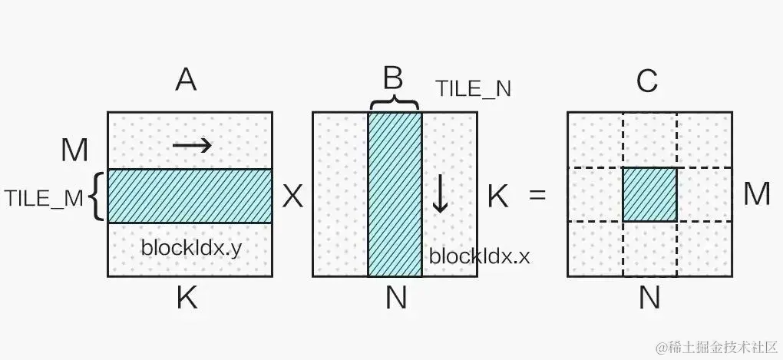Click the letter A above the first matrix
pos(186,79)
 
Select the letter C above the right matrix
pos(648,80)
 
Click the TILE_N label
pos(473,89)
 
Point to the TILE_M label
pos(43,198)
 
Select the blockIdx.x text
pos(479,256)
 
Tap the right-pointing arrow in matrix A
pos(192,145)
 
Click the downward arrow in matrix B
pos(440,194)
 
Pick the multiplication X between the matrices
pos(292,197)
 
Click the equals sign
pos(537,197)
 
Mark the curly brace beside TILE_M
pos(96,197)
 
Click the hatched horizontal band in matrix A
pos(190,196)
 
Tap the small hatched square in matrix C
pos(649,194)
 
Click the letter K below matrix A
pos(187,298)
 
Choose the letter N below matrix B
pos(395,298)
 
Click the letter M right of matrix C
pos(756,194)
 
